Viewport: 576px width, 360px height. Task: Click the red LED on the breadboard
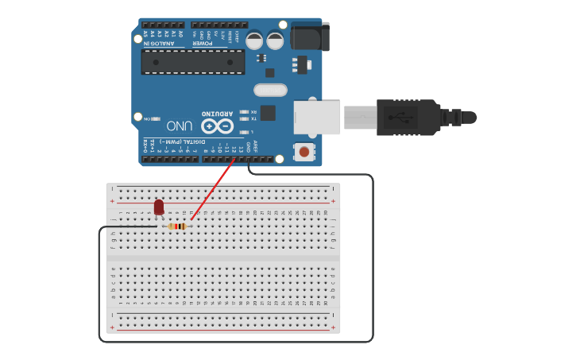(159, 207)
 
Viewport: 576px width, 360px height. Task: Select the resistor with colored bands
(178, 226)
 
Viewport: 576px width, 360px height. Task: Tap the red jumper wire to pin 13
(213, 191)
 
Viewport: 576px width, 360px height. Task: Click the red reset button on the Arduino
(303, 151)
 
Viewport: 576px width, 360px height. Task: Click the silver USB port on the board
(316, 117)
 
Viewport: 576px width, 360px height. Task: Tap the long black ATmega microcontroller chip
(193, 61)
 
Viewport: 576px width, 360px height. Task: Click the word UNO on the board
(180, 126)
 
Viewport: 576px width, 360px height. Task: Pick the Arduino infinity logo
(217, 126)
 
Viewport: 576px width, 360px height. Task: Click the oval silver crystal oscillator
(270, 90)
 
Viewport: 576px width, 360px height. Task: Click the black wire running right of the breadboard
(373, 254)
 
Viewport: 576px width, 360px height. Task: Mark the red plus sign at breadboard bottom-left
(112, 327)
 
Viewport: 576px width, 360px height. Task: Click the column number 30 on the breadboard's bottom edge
(326, 303)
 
